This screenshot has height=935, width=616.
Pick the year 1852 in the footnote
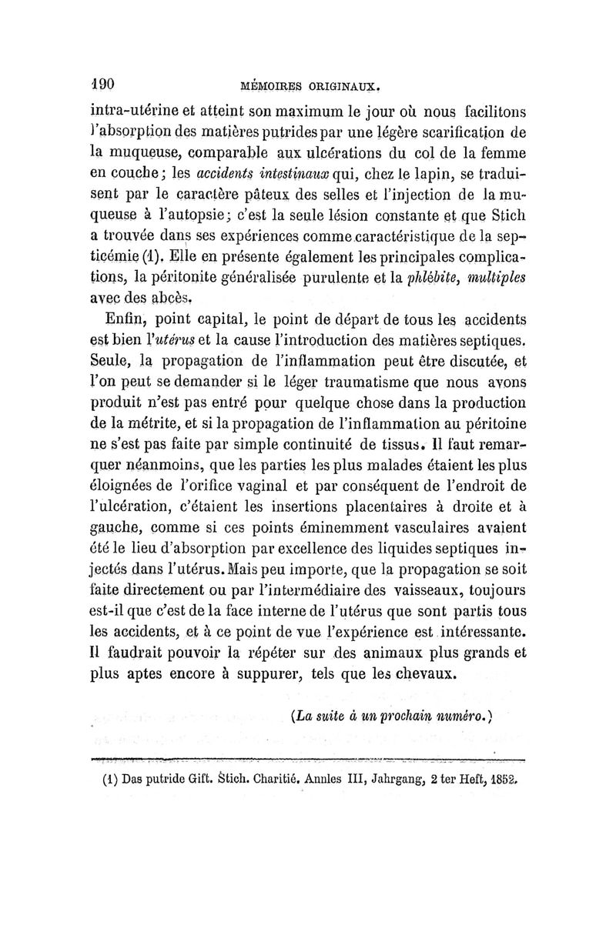click(500, 779)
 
